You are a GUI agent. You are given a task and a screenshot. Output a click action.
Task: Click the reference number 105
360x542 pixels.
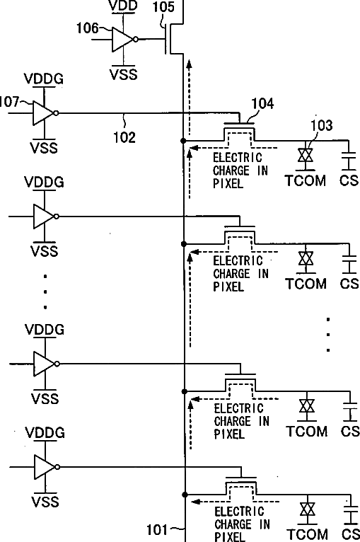point(163,6)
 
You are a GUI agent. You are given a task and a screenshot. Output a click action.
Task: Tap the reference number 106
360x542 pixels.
point(87,28)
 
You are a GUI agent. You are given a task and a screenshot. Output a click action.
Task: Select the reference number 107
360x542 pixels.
point(9,102)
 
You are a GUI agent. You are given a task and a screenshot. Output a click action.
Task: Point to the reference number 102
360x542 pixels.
point(124,137)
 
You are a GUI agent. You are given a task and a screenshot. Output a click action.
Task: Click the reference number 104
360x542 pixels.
point(262,103)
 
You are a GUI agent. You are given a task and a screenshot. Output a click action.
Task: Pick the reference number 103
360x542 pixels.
point(322,125)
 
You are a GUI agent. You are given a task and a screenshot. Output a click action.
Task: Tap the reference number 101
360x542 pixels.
point(157,529)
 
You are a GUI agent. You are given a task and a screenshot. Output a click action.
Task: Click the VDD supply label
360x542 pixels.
point(123,5)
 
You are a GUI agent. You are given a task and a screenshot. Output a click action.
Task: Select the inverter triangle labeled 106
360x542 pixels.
point(122,40)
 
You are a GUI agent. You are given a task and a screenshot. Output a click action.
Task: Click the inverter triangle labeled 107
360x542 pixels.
point(44,113)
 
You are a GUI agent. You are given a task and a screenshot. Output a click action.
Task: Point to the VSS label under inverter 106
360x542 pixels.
point(123,74)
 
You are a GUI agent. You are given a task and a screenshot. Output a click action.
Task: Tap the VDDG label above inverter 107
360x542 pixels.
point(44,79)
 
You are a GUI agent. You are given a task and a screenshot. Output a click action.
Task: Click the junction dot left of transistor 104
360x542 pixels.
point(183,141)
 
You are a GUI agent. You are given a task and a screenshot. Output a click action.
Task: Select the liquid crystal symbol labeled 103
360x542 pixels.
point(306,155)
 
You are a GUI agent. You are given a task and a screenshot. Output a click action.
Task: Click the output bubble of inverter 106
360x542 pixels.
point(136,40)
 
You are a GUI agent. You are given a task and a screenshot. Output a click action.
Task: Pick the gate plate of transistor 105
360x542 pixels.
point(166,39)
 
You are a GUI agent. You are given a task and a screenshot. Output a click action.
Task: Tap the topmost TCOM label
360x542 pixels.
point(306,180)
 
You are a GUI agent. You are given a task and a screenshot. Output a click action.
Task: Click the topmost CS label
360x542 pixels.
point(349,180)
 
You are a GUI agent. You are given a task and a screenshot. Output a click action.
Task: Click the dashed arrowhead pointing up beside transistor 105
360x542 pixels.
point(189,64)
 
